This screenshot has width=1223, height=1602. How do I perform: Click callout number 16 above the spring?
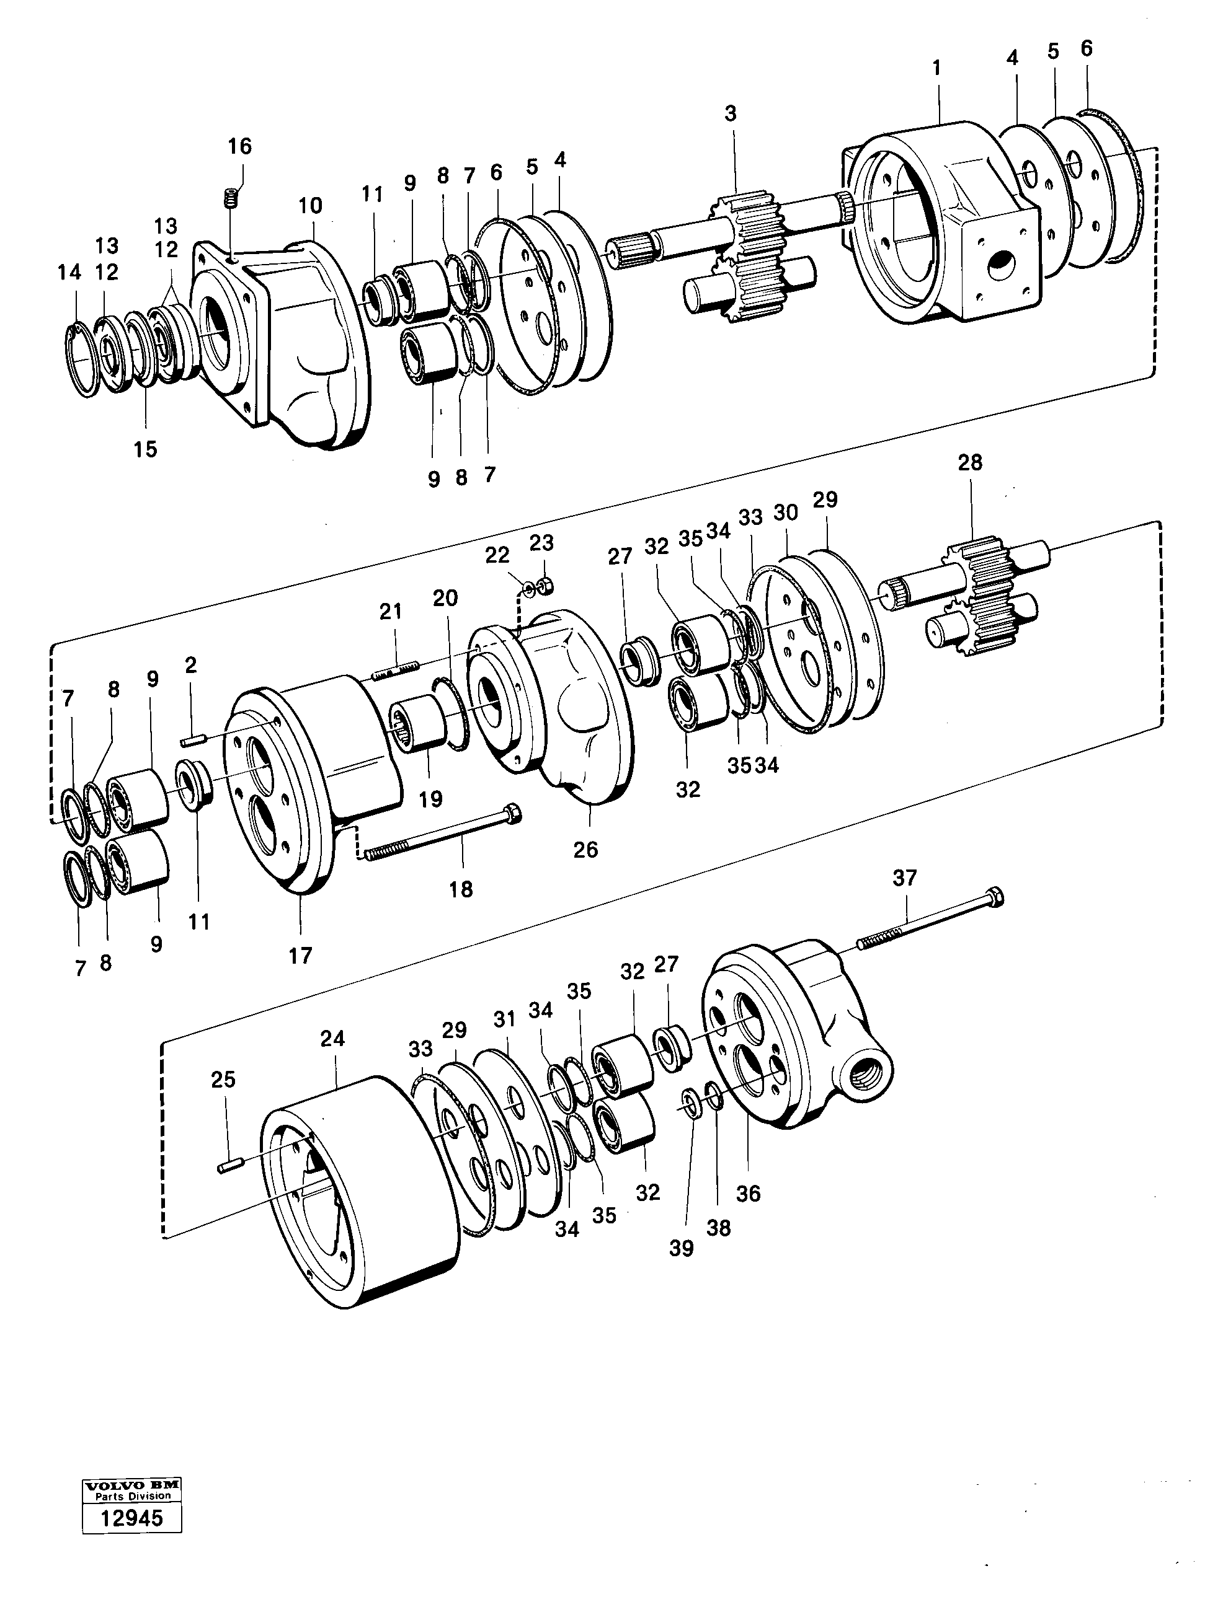(x=239, y=146)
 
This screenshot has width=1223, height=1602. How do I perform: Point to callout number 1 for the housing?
(x=936, y=68)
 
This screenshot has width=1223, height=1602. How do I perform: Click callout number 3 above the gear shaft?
(x=730, y=113)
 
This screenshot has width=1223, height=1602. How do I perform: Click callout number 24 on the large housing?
(x=332, y=1039)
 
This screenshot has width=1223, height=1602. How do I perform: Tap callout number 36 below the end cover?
(x=748, y=1193)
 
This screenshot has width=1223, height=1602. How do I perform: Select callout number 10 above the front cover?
(x=310, y=206)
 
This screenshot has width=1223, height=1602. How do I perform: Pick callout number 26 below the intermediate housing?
(x=585, y=849)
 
